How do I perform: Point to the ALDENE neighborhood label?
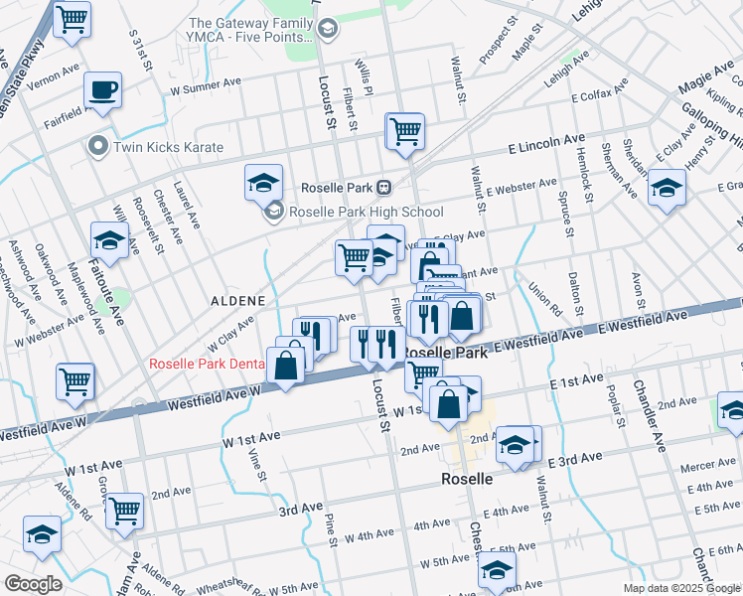pos(236,299)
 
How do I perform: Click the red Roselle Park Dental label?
pos(206,365)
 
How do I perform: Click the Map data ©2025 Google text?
pos(680,587)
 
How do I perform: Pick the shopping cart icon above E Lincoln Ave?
pos(404,130)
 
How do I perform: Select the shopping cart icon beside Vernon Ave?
pos(73,19)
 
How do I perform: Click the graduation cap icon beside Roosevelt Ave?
pos(109,240)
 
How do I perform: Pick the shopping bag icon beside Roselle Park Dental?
pos(285,366)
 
